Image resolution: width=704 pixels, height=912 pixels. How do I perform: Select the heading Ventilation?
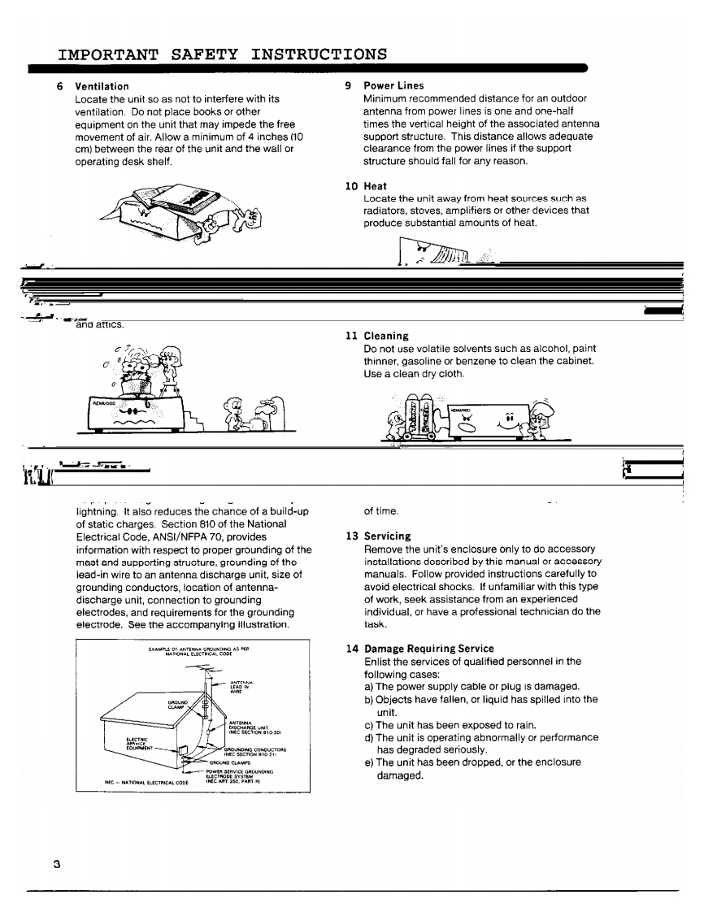click(102, 86)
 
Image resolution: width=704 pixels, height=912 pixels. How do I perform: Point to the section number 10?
click(351, 186)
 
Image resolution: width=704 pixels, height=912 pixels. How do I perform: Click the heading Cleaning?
click(386, 336)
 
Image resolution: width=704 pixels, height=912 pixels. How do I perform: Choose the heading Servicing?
click(388, 536)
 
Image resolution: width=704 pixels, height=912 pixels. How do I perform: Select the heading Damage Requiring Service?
click(428, 649)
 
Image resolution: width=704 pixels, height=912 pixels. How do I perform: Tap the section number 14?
click(351, 649)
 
